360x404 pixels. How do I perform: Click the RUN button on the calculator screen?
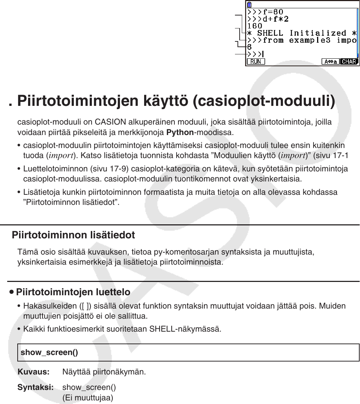255,62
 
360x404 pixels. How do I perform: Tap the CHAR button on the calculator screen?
349,62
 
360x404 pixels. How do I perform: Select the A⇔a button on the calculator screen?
330,62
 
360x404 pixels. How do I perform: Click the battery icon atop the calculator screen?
249,5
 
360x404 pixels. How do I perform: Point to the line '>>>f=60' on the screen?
265,12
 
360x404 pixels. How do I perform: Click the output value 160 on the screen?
255,26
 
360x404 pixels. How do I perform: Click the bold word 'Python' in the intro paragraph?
180,133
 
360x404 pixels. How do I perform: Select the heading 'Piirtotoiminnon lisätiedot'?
74,235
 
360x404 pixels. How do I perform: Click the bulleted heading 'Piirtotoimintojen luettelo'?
73,292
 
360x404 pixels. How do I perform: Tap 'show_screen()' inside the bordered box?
49,353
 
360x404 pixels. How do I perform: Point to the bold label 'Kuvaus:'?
34,372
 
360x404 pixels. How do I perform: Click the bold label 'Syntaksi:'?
36,387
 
